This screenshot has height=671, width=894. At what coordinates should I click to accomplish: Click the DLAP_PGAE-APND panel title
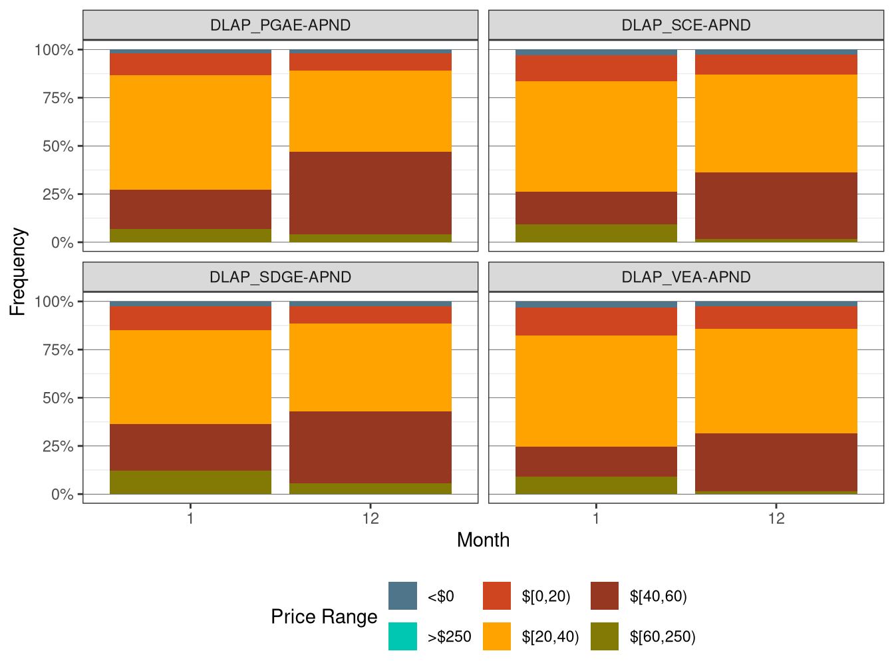pyautogui.click(x=280, y=25)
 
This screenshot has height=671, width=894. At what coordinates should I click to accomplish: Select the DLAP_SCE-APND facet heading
pyautogui.click(x=686, y=25)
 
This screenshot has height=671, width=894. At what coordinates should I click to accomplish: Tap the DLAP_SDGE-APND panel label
pyautogui.click(x=280, y=277)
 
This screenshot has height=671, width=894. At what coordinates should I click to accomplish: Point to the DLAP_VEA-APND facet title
pyautogui.click(x=686, y=277)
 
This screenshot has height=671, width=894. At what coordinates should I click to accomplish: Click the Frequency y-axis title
pyautogui.click(x=18, y=272)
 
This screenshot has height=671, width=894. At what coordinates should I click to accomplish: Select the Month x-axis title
pyautogui.click(x=483, y=540)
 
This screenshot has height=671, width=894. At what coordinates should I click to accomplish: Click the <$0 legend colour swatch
pyautogui.click(x=402, y=596)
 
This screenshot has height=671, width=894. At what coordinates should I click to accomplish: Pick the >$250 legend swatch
pyautogui.click(x=402, y=636)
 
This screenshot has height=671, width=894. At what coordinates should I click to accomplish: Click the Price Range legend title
pyautogui.click(x=324, y=616)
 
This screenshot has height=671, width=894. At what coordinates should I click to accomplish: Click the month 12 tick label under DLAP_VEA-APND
pyautogui.click(x=776, y=519)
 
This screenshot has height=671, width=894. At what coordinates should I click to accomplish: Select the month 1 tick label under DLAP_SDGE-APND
pyautogui.click(x=190, y=519)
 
